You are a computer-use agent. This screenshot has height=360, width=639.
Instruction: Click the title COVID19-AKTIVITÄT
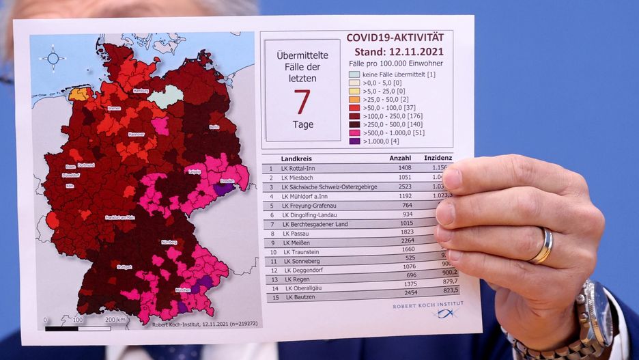[395, 38]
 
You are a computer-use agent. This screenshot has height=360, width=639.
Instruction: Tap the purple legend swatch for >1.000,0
[354, 141]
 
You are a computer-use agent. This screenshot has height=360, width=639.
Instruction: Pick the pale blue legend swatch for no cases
[354, 74]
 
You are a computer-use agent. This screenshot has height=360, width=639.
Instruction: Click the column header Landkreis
[298, 158]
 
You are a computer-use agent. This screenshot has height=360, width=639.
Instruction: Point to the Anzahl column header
[399, 158]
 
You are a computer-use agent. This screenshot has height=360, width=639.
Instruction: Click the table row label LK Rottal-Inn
[303, 168]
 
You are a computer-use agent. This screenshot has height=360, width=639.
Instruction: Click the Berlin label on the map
[214, 127]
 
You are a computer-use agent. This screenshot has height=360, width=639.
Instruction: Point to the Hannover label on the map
[137, 134]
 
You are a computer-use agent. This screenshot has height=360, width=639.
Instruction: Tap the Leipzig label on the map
[195, 171]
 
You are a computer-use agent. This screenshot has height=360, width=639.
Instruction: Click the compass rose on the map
[52, 59]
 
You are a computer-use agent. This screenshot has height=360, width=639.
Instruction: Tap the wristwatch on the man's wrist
[593, 314]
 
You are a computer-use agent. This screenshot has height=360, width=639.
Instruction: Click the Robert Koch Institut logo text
[427, 305]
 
